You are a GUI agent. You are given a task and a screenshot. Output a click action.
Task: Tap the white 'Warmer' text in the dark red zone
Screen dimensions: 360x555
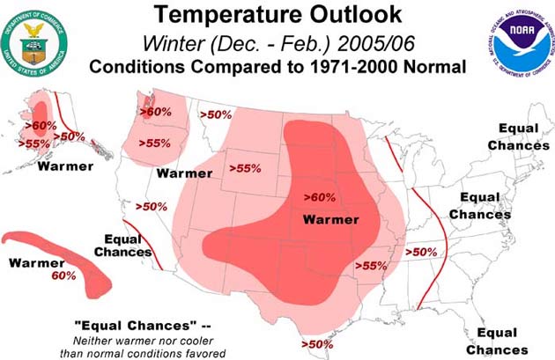point(330,219)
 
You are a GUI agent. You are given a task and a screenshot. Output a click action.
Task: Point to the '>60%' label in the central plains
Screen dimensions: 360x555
point(319,197)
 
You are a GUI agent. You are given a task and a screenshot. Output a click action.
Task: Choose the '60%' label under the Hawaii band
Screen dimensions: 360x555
point(63,276)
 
